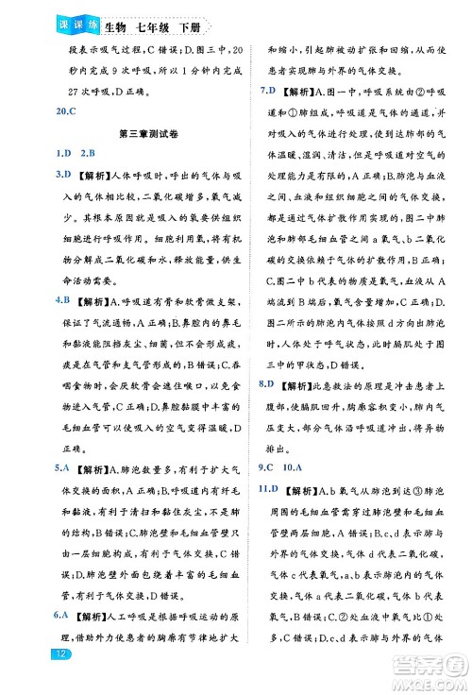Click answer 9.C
click(x=268, y=466)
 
